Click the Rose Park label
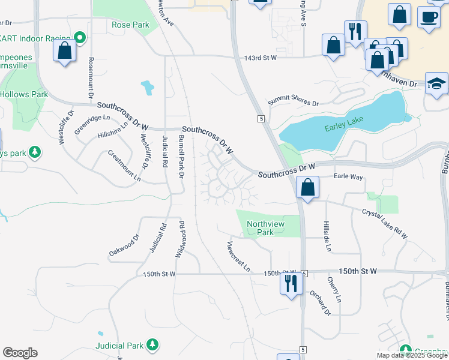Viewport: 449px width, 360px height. [130, 25]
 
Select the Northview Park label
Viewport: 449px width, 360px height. [265, 228]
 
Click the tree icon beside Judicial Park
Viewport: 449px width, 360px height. [153, 345]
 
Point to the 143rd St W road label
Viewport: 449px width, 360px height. [261, 58]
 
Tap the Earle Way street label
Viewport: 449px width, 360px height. [348, 177]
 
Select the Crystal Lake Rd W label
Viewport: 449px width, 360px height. [384, 224]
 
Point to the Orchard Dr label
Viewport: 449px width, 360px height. [321, 303]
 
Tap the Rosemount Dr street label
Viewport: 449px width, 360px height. [91, 78]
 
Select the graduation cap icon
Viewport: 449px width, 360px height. [436, 84]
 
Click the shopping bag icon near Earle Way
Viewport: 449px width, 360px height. [308, 187]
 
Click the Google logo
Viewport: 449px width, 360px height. [20, 353]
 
